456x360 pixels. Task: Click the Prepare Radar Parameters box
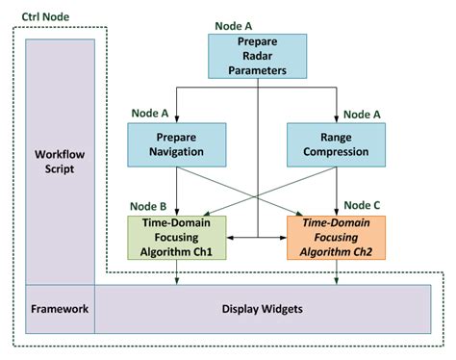pos(258,57)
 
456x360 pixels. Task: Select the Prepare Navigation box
pos(177,144)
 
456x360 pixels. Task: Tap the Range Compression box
pos(336,144)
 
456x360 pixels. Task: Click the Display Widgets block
pos(262,309)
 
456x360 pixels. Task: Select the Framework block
pos(60,309)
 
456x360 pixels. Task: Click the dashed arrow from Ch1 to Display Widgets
pos(177,272)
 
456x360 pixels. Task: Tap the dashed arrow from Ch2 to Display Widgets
pos(336,272)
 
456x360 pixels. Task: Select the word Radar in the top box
pos(258,57)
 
